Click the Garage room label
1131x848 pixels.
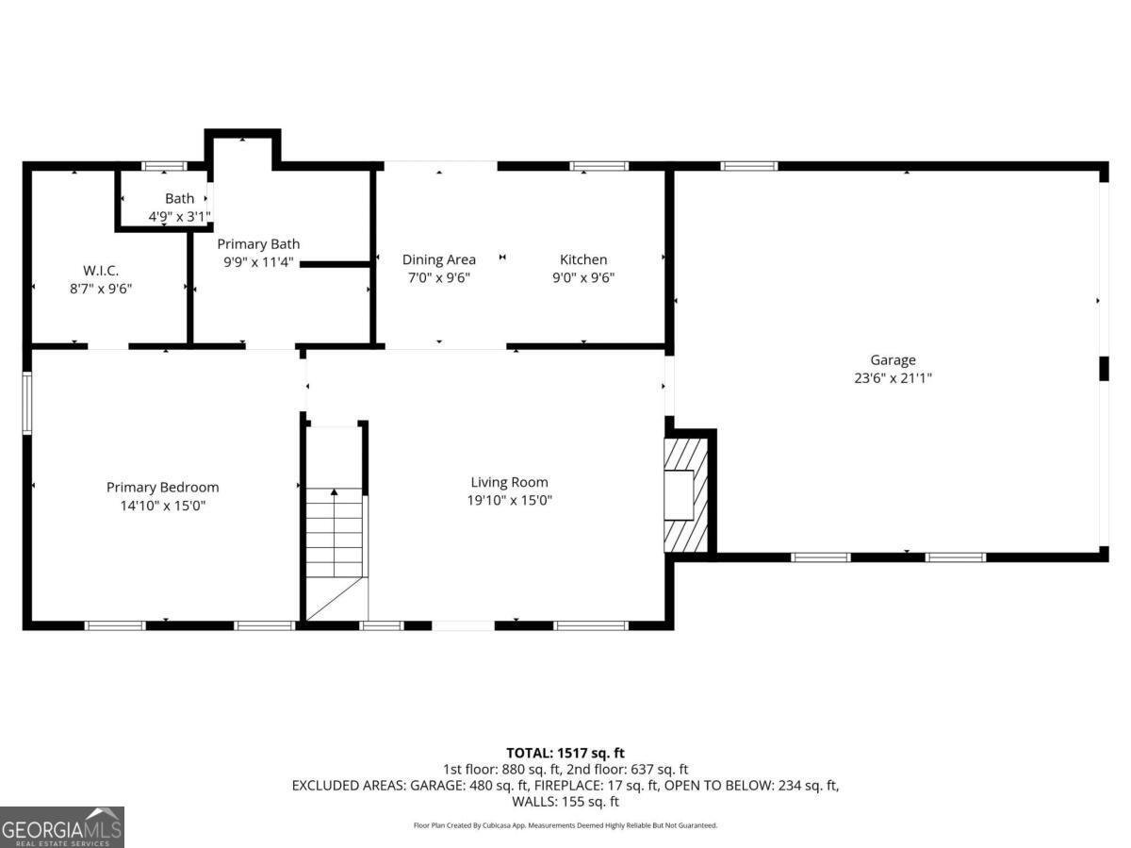coord(892,359)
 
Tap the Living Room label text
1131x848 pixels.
coord(509,482)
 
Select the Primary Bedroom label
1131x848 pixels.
coord(162,487)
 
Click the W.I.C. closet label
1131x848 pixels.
coord(100,270)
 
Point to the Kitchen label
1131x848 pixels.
coord(583,259)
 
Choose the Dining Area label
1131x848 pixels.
coord(438,259)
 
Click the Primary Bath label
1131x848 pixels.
coord(258,243)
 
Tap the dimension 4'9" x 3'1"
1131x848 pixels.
coord(179,216)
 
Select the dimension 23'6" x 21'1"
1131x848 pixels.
coord(892,378)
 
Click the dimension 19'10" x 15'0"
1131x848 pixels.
coord(509,501)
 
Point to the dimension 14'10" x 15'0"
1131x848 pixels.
coord(162,506)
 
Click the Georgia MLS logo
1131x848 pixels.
coord(62,827)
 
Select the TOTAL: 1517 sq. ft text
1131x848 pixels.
coord(565,753)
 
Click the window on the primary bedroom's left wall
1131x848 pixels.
coord(27,404)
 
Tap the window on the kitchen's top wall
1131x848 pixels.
coord(598,166)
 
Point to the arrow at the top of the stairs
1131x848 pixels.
coord(334,491)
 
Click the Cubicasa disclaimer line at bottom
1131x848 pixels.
coord(565,825)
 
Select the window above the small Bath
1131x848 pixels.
coord(164,166)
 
